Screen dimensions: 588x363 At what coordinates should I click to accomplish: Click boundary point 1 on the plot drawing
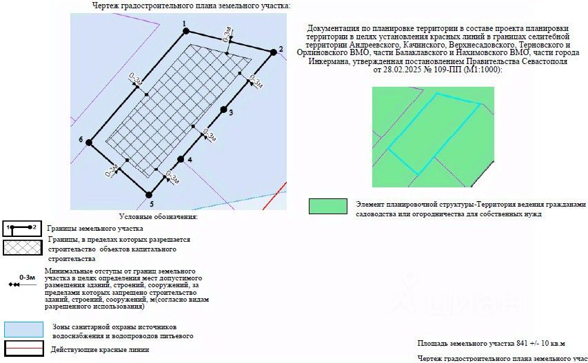coord(186,31)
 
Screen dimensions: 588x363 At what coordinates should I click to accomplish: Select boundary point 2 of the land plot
coord(274,52)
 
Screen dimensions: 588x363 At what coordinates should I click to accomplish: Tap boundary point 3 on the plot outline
coord(224,110)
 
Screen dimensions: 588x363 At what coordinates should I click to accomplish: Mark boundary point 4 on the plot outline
coord(181,159)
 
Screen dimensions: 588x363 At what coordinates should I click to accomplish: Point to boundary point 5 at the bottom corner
coord(149,195)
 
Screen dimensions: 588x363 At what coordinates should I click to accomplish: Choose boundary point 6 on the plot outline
coord(89,143)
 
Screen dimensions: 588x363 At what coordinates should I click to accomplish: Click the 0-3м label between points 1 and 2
coord(227,34)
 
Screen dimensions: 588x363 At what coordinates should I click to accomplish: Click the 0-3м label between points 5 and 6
coord(112,170)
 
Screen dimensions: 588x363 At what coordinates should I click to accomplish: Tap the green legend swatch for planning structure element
coord(328,207)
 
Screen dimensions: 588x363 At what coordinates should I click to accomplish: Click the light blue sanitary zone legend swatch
coord(23,329)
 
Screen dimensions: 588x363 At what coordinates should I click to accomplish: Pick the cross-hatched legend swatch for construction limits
coord(23,247)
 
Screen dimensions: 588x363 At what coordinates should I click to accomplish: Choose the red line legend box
coord(24,348)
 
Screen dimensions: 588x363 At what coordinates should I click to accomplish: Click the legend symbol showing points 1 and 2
coord(22,229)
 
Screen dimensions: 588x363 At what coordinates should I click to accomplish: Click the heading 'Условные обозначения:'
coord(159,216)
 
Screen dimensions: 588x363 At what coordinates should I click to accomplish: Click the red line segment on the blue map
coord(275,196)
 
